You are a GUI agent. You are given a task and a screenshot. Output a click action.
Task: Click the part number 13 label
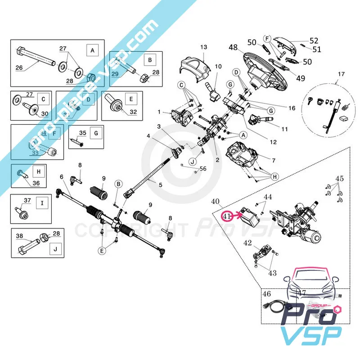pos(204,47)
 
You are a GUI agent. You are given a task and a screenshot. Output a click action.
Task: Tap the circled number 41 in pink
pos(227,216)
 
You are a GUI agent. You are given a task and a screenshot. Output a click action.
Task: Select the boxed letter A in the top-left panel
pos(92,50)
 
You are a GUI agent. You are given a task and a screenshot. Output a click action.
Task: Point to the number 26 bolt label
pos(19,68)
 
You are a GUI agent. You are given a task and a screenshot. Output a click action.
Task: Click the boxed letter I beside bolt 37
pos(42,203)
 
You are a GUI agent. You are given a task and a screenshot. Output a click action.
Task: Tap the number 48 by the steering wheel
pos(233,48)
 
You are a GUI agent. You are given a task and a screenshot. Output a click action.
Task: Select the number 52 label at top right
pos(314,40)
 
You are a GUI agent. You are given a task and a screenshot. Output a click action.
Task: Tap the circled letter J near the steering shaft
pos(193,162)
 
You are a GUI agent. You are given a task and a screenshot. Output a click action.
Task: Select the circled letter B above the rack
pos(118,184)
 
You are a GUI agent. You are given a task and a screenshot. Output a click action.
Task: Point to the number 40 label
pos(216,201)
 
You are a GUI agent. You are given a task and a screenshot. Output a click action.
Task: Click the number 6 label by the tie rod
pos(61,177)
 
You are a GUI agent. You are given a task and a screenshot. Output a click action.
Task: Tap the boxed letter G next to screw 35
pos(95,133)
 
